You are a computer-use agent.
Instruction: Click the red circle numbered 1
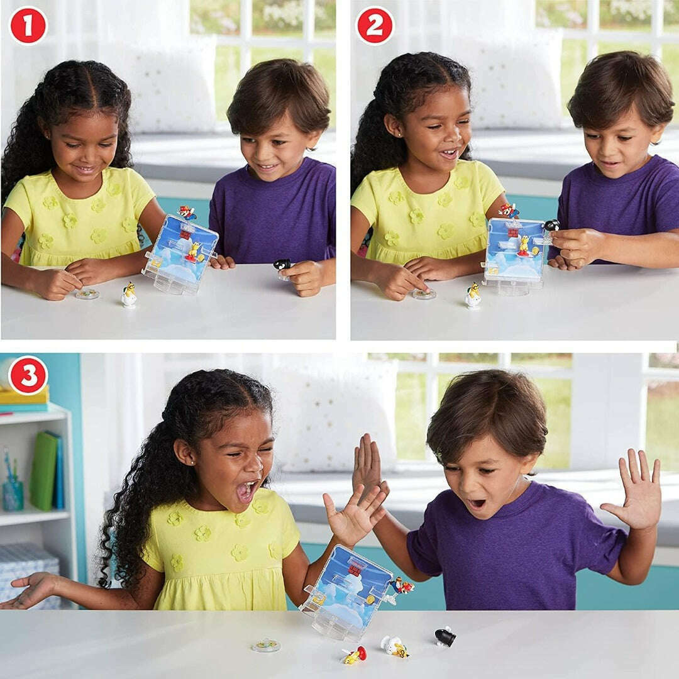click(28, 26)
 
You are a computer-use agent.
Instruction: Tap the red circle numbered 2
click(375, 26)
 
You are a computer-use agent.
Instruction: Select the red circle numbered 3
click(28, 375)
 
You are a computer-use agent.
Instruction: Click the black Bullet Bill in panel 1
click(282, 264)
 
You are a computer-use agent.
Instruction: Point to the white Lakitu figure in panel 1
click(129, 295)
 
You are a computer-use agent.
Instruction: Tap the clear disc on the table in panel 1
click(87, 294)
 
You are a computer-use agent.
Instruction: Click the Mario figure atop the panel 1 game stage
click(187, 213)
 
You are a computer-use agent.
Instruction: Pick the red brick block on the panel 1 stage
click(185, 235)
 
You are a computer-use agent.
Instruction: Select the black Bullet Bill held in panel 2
click(551, 225)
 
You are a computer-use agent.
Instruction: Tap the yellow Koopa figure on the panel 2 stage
click(524, 246)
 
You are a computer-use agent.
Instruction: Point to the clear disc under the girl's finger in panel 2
click(424, 294)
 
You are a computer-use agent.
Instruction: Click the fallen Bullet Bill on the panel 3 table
click(446, 636)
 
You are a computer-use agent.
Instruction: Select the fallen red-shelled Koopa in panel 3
click(355, 654)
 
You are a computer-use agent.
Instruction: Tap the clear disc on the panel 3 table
click(266, 646)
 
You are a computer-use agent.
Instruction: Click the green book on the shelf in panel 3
click(43, 470)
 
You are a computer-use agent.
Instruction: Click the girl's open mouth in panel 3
click(247, 492)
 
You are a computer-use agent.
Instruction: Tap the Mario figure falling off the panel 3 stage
click(402, 585)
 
